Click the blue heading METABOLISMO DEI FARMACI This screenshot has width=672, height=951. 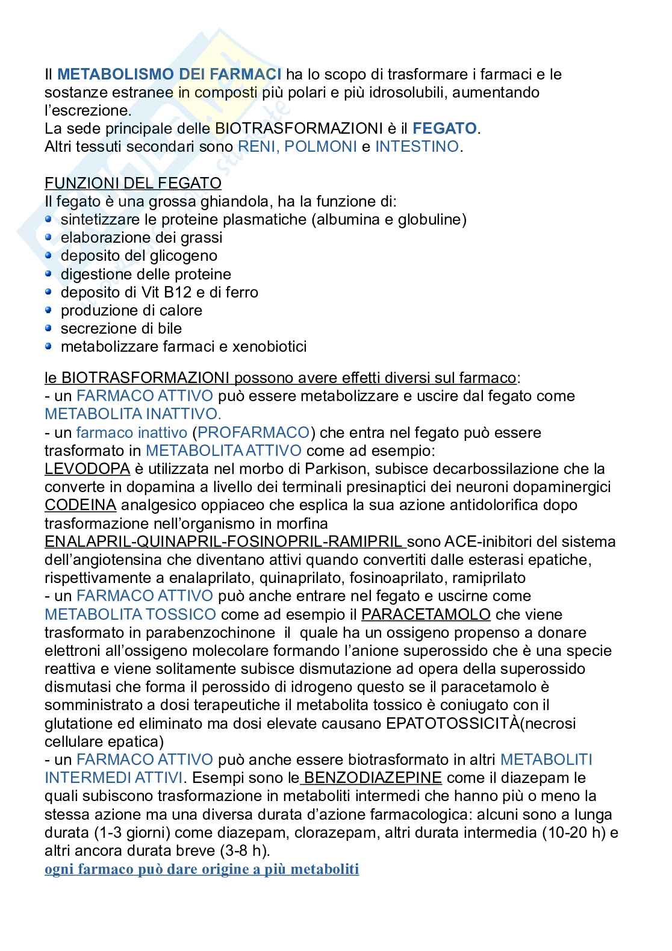tap(169, 74)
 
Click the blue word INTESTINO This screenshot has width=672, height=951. tap(417, 146)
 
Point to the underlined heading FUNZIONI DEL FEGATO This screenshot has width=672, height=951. tap(133, 182)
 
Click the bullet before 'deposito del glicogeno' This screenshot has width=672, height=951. tap(49, 255)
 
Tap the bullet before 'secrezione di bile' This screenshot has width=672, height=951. tap(49, 328)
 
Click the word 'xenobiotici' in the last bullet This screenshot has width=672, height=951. tap(269, 346)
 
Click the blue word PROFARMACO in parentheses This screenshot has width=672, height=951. tap(253, 432)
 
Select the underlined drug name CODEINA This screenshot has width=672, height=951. tap(81, 505)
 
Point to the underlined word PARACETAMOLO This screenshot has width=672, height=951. tap(426, 614)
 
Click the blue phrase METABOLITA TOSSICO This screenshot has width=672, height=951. tap(130, 614)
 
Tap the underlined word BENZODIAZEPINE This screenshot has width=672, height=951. tap(373, 778)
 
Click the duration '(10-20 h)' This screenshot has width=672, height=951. tap(570, 833)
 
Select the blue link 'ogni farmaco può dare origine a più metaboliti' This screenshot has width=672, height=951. tap(202, 870)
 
